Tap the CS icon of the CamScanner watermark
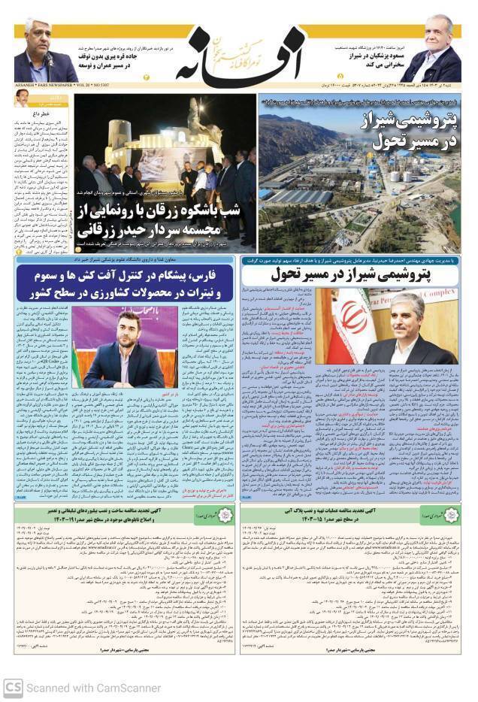(12, 687)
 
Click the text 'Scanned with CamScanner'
(93, 688)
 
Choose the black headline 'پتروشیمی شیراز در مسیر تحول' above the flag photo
(351, 274)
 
